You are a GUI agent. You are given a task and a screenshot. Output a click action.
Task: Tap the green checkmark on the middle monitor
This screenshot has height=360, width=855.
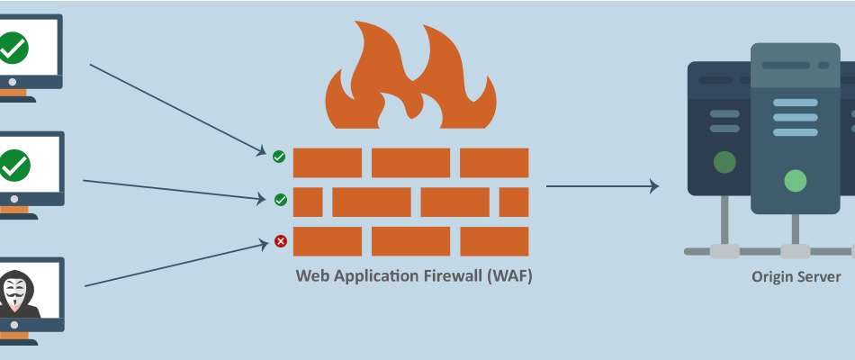click(13, 166)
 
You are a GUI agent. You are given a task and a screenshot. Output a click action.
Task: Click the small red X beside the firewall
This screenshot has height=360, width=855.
click(281, 241)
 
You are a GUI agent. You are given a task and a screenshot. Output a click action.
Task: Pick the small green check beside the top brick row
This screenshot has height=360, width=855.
click(279, 157)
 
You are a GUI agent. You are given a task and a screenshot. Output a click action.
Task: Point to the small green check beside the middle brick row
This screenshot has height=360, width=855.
click(280, 200)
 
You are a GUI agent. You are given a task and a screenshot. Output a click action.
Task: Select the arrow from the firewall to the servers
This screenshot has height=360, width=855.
click(602, 186)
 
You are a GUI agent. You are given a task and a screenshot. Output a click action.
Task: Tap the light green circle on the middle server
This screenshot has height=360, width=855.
click(795, 181)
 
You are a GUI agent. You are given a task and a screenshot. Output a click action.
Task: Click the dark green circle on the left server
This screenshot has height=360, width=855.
click(724, 162)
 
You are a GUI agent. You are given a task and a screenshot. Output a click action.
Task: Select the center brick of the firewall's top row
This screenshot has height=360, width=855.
click(410, 163)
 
